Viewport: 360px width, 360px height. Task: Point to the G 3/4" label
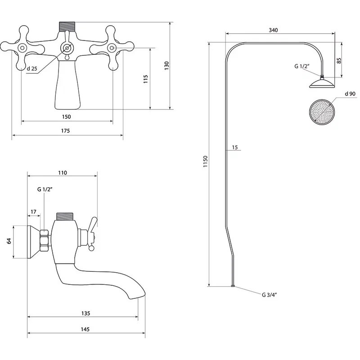click(269, 295)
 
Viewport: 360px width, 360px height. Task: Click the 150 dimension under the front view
click(66, 117)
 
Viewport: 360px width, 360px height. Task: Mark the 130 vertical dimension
click(166, 65)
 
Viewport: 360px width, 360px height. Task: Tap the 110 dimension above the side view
click(62, 172)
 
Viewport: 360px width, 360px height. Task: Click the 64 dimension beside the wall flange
click(9, 242)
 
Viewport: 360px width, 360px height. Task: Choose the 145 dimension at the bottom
click(85, 329)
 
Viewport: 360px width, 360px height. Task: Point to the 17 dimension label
click(34, 211)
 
